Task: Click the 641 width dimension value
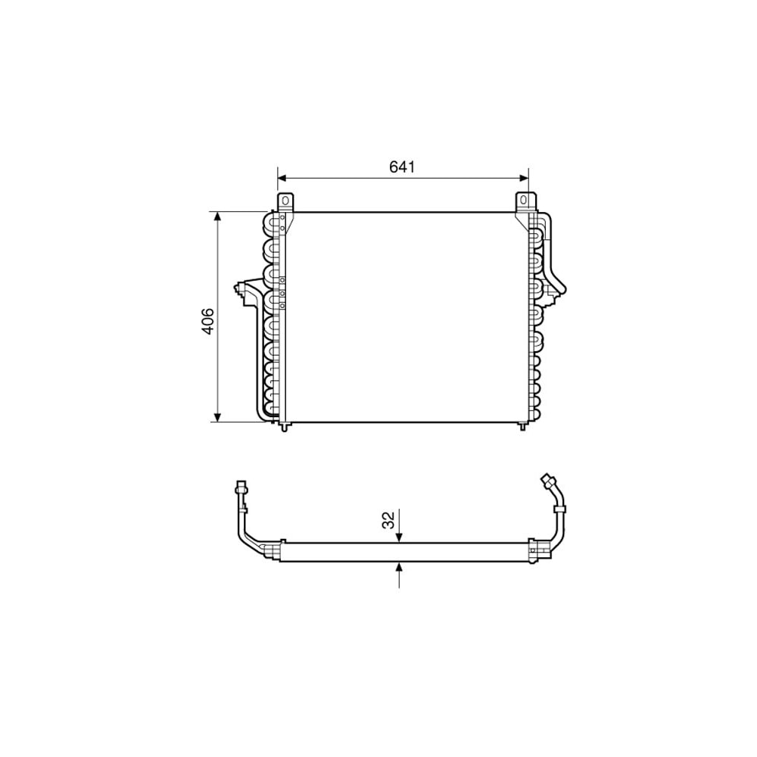click(402, 167)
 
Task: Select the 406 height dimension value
click(208, 320)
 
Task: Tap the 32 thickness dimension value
click(388, 520)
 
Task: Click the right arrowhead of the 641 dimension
click(523, 178)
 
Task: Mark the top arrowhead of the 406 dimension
click(218, 217)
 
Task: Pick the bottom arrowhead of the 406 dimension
click(218, 416)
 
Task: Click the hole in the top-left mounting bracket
click(285, 200)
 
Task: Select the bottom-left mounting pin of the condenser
click(285, 426)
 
